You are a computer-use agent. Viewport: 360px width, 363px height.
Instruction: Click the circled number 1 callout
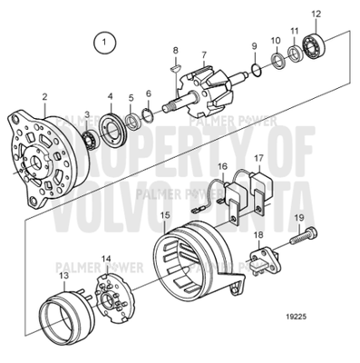(x=107, y=41)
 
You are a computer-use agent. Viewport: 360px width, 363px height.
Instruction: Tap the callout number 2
(x=44, y=95)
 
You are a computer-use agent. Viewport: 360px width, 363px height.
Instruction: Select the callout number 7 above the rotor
(x=204, y=55)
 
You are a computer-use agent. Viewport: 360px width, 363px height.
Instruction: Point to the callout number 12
(x=316, y=14)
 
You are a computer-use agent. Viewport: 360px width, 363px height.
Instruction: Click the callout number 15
(x=164, y=216)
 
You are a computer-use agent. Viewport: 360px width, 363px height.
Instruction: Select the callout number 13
(x=63, y=274)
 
